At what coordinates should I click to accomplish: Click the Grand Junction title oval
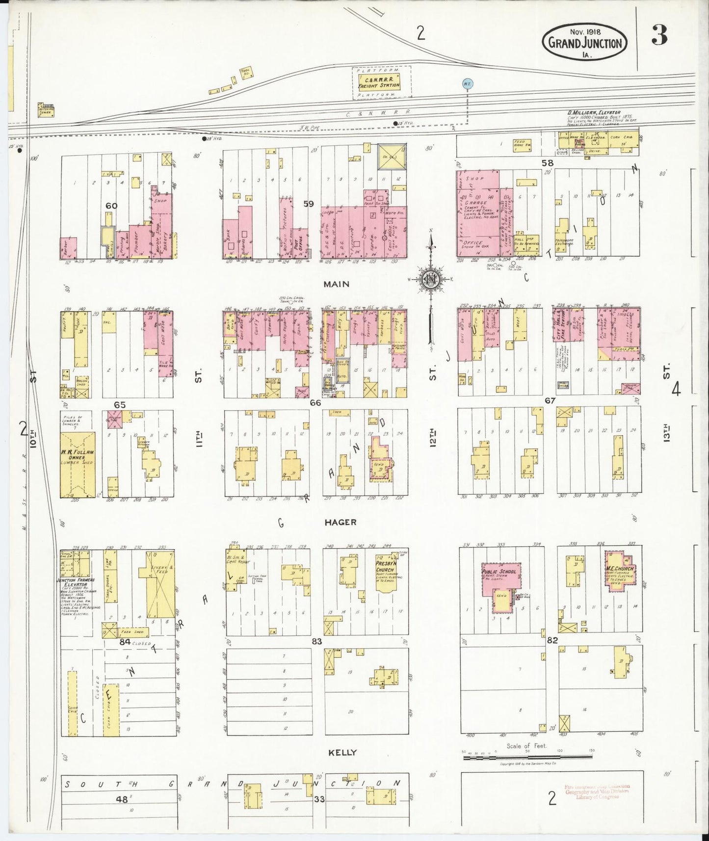(585, 43)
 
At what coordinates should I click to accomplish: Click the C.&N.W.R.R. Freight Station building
(378, 81)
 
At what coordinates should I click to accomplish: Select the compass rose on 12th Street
(430, 279)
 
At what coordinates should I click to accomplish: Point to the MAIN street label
(336, 284)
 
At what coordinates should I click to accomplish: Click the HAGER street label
(341, 523)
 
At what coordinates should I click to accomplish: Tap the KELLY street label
(342, 766)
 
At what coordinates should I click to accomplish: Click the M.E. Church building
(620, 570)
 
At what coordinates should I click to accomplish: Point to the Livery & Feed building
(161, 583)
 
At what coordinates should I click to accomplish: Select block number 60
(112, 206)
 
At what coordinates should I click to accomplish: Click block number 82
(552, 640)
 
